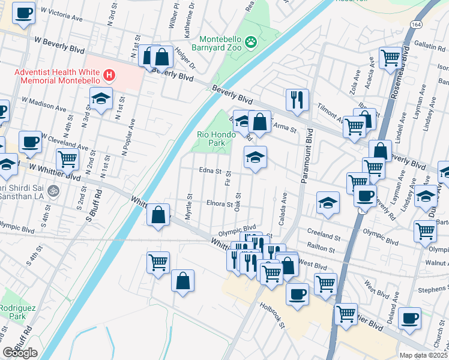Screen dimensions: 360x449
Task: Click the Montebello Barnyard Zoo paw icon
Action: (x=250, y=42)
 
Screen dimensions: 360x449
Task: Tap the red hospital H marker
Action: (x=109, y=75)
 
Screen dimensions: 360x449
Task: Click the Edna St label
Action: (x=210, y=170)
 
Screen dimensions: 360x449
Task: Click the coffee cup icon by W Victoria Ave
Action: (x=23, y=13)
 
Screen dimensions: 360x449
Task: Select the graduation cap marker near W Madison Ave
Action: (x=101, y=98)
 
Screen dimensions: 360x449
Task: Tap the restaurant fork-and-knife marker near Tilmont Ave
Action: (x=297, y=99)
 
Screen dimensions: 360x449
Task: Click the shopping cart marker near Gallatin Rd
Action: (x=390, y=58)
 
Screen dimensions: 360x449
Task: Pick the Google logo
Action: (x=20, y=353)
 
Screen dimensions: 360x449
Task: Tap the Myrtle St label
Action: (x=189, y=206)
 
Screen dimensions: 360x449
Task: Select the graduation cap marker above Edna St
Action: (x=255, y=157)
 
